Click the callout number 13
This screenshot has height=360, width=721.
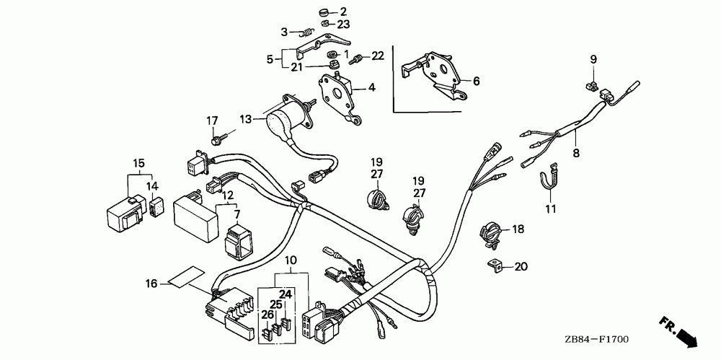(x=246, y=119)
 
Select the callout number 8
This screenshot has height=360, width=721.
(x=575, y=153)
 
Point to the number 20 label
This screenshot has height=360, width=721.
(x=521, y=266)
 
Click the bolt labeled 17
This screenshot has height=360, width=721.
(x=217, y=137)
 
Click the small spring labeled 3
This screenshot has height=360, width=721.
(x=306, y=32)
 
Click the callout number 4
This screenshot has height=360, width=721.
(x=372, y=88)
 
